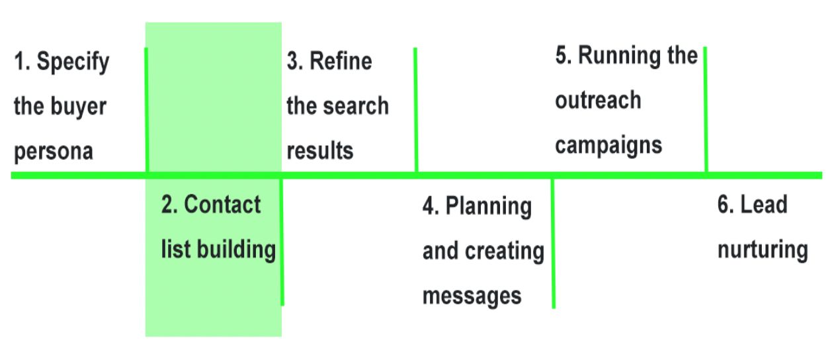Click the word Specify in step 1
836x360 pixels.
coord(73,63)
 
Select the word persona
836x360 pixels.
coord(53,152)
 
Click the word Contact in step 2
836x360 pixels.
coord(222,205)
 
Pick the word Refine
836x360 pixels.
coord(341,62)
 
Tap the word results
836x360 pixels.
coord(319,151)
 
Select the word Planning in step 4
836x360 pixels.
coord(488,206)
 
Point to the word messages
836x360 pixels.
coord(472,296)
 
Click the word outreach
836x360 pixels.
coord(598,101)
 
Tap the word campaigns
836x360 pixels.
coord(608,145)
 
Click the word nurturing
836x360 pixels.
coord(763,250)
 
